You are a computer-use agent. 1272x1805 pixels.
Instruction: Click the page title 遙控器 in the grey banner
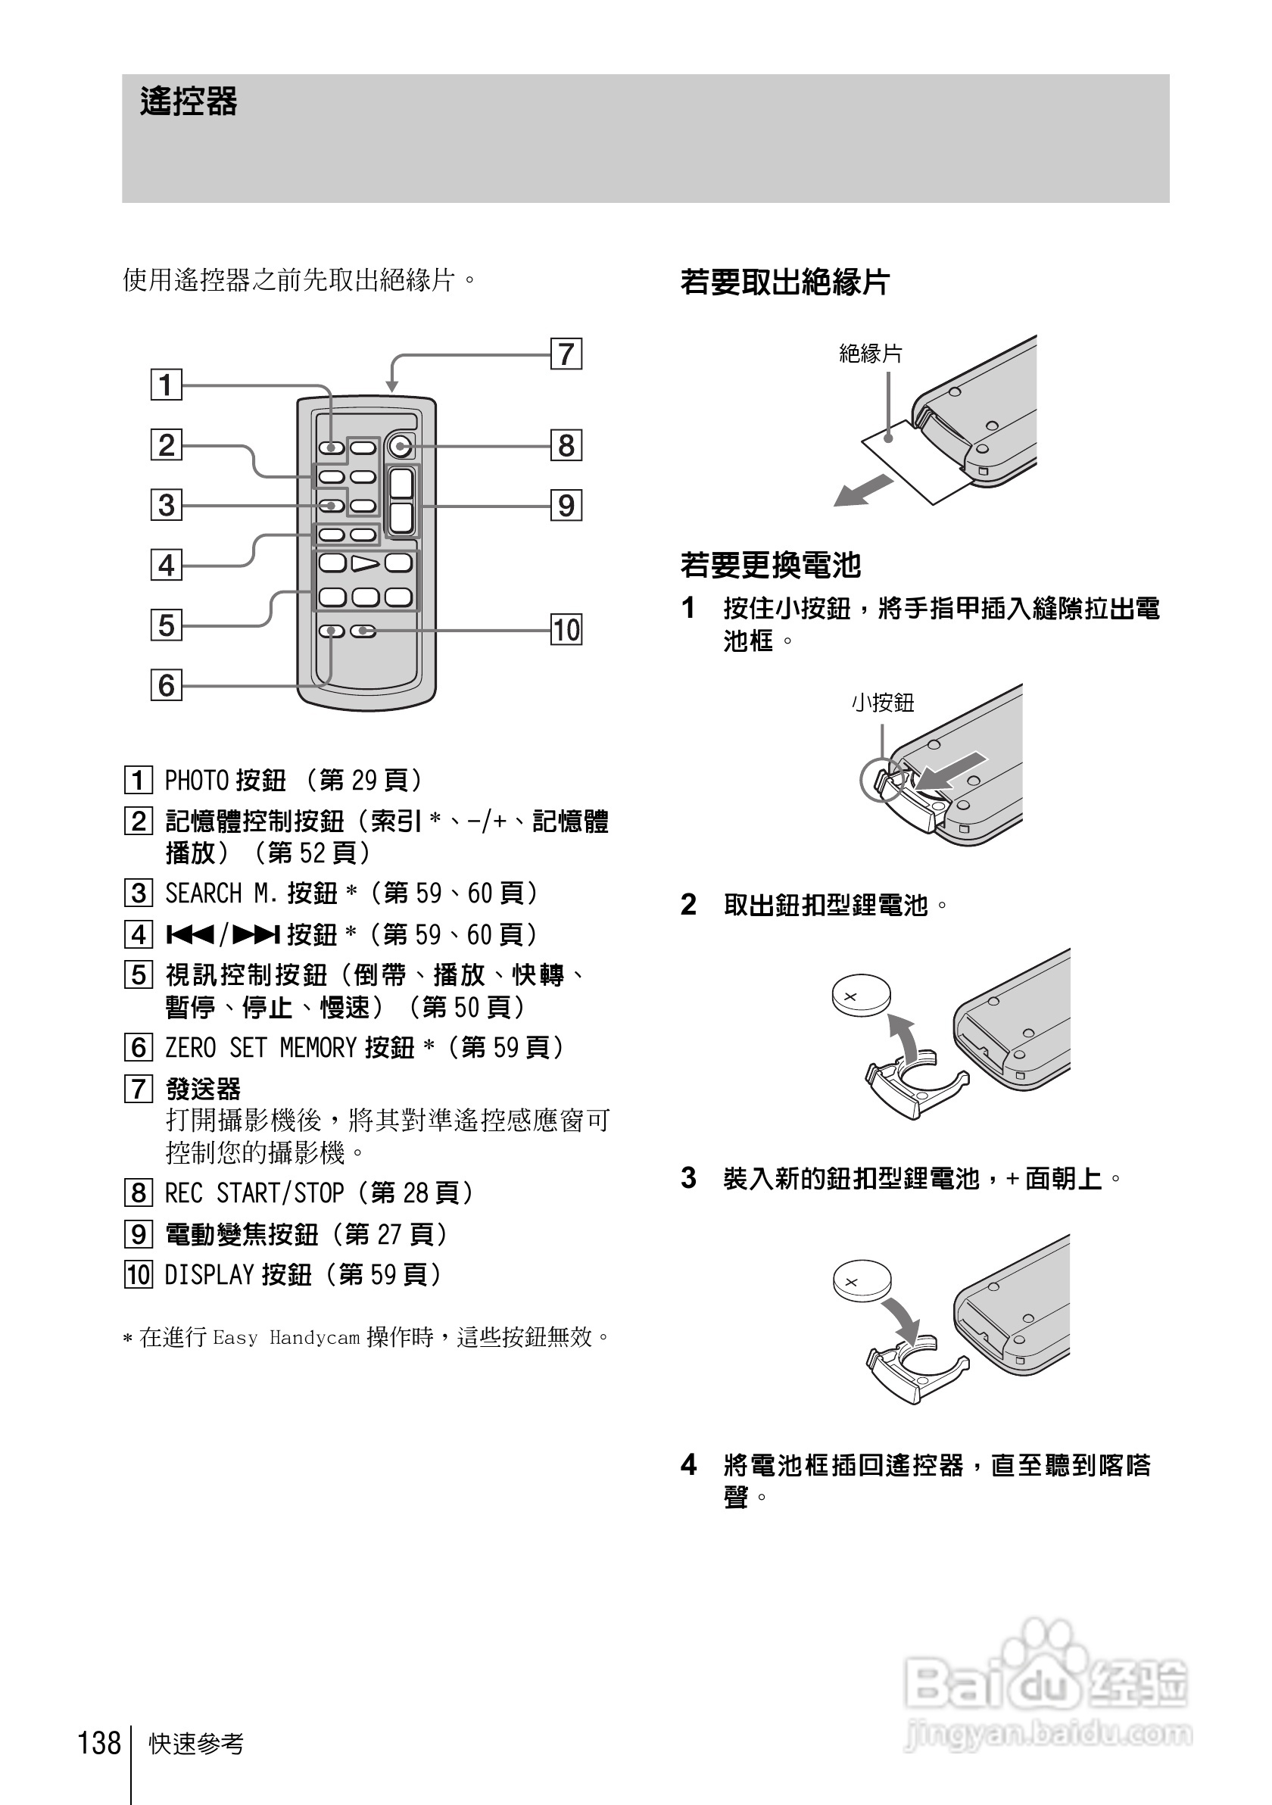click(189, 102)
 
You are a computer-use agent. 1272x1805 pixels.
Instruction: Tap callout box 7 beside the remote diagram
click(566, 354)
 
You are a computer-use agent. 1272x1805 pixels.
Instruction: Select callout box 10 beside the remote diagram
click(566, 630)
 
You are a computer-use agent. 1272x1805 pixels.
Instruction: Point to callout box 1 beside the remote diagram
click(166, 385)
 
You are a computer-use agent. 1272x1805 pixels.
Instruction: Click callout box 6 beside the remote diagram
click(166, 685)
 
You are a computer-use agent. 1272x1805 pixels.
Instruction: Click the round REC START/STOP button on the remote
click(401, 447)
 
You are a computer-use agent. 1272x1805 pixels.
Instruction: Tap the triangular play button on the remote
click(365, 563)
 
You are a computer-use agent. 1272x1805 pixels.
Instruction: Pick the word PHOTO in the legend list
click(196, 781)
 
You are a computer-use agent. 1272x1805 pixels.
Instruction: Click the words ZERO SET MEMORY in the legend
click(261, 1048)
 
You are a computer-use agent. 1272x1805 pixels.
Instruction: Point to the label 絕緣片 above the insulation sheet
click(870, 354)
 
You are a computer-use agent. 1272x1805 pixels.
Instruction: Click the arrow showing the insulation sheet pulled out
click(863, 491)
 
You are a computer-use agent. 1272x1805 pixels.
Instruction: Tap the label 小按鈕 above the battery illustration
click(883, 703)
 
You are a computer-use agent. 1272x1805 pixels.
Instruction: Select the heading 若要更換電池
click(771, 565)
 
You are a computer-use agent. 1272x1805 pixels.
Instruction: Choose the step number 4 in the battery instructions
click(689, 1464)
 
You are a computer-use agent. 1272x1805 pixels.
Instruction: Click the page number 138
click(99, 1742)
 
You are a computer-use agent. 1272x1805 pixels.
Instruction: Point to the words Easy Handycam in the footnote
click(286, 1337)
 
